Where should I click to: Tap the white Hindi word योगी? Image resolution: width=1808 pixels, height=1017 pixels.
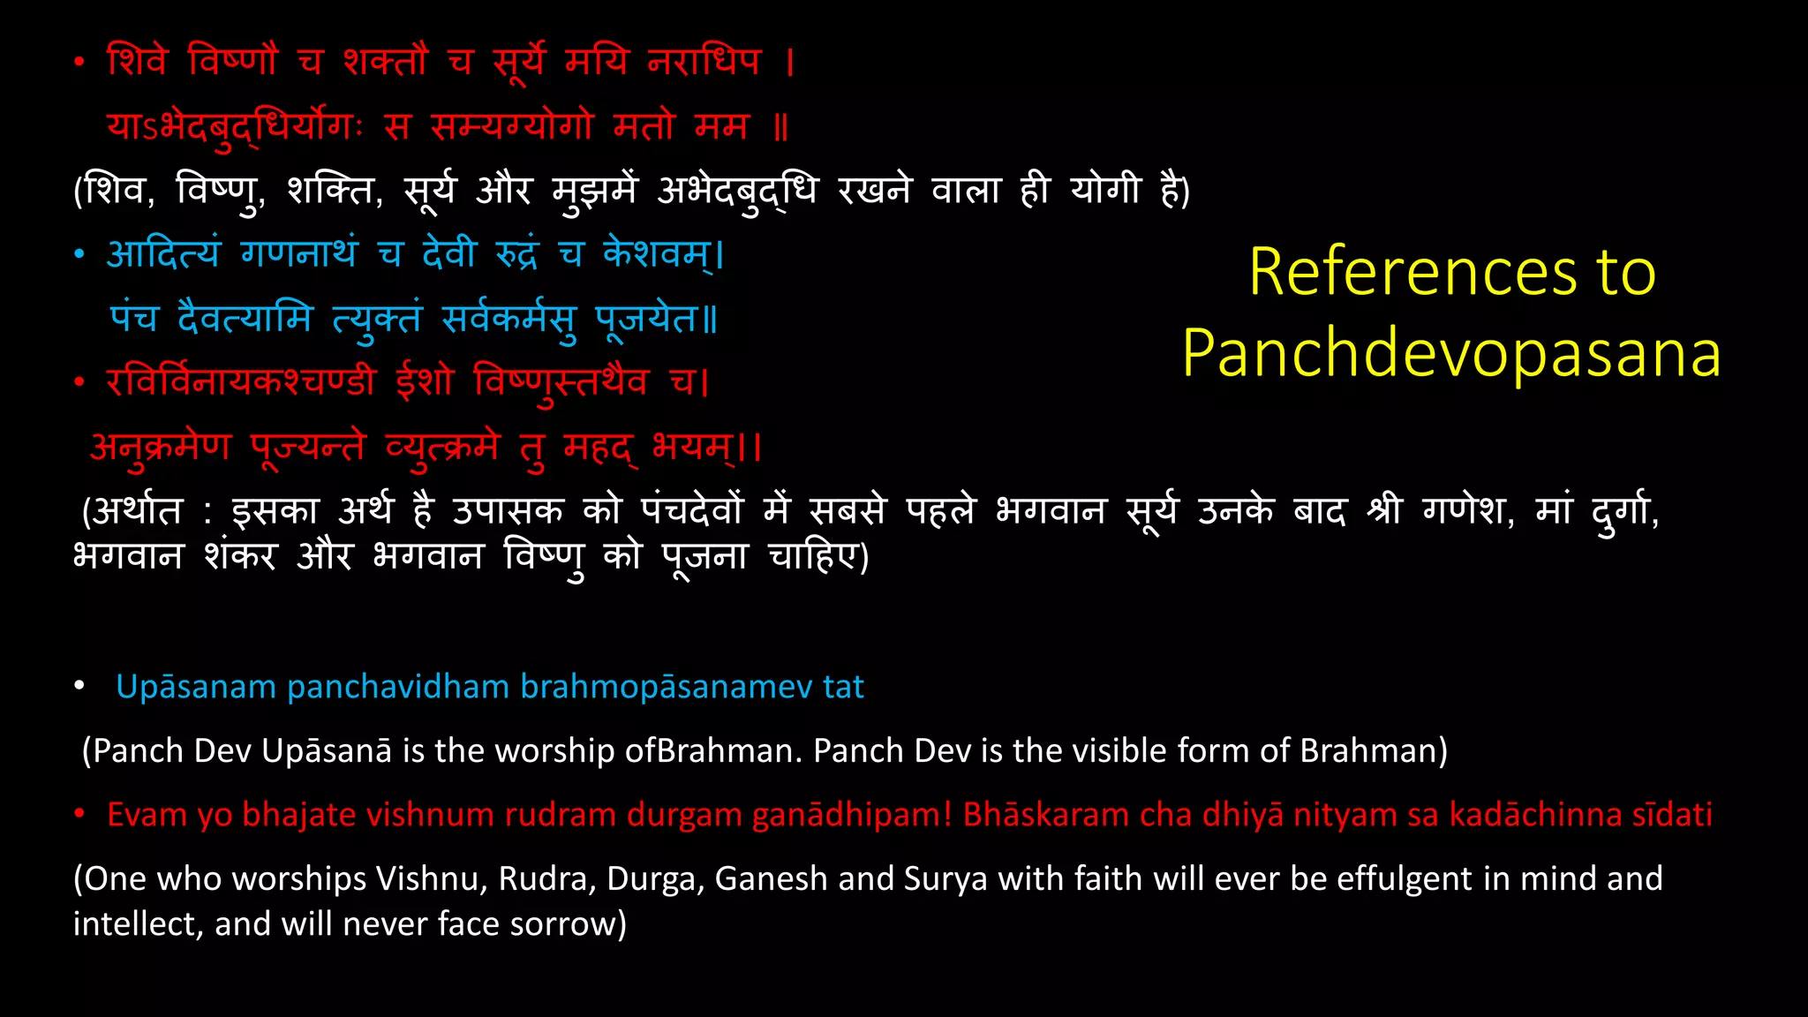click(1105, 190)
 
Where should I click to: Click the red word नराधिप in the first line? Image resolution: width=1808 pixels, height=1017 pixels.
click(704, 62)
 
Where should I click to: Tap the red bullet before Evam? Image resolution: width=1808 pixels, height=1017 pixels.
click(79, 814)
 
